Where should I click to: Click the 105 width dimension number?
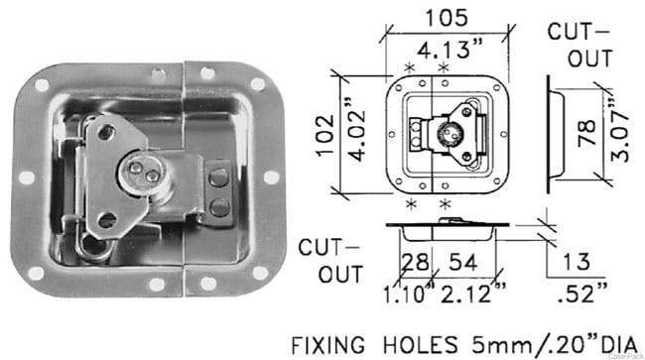(x=447, y=18)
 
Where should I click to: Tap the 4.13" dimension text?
(x=450, y=50)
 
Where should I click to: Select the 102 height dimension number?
(x=325, y=135)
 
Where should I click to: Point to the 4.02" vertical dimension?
(x=356, y=131)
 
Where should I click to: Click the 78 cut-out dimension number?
(x=586, y=133)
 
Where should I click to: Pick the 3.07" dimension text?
(x=619, y=131)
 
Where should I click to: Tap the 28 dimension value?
(x=415, y=262)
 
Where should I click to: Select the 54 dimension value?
(x=462, y=262)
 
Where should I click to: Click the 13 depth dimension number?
(x=577, y=262)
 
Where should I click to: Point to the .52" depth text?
(x=581, y=293)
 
